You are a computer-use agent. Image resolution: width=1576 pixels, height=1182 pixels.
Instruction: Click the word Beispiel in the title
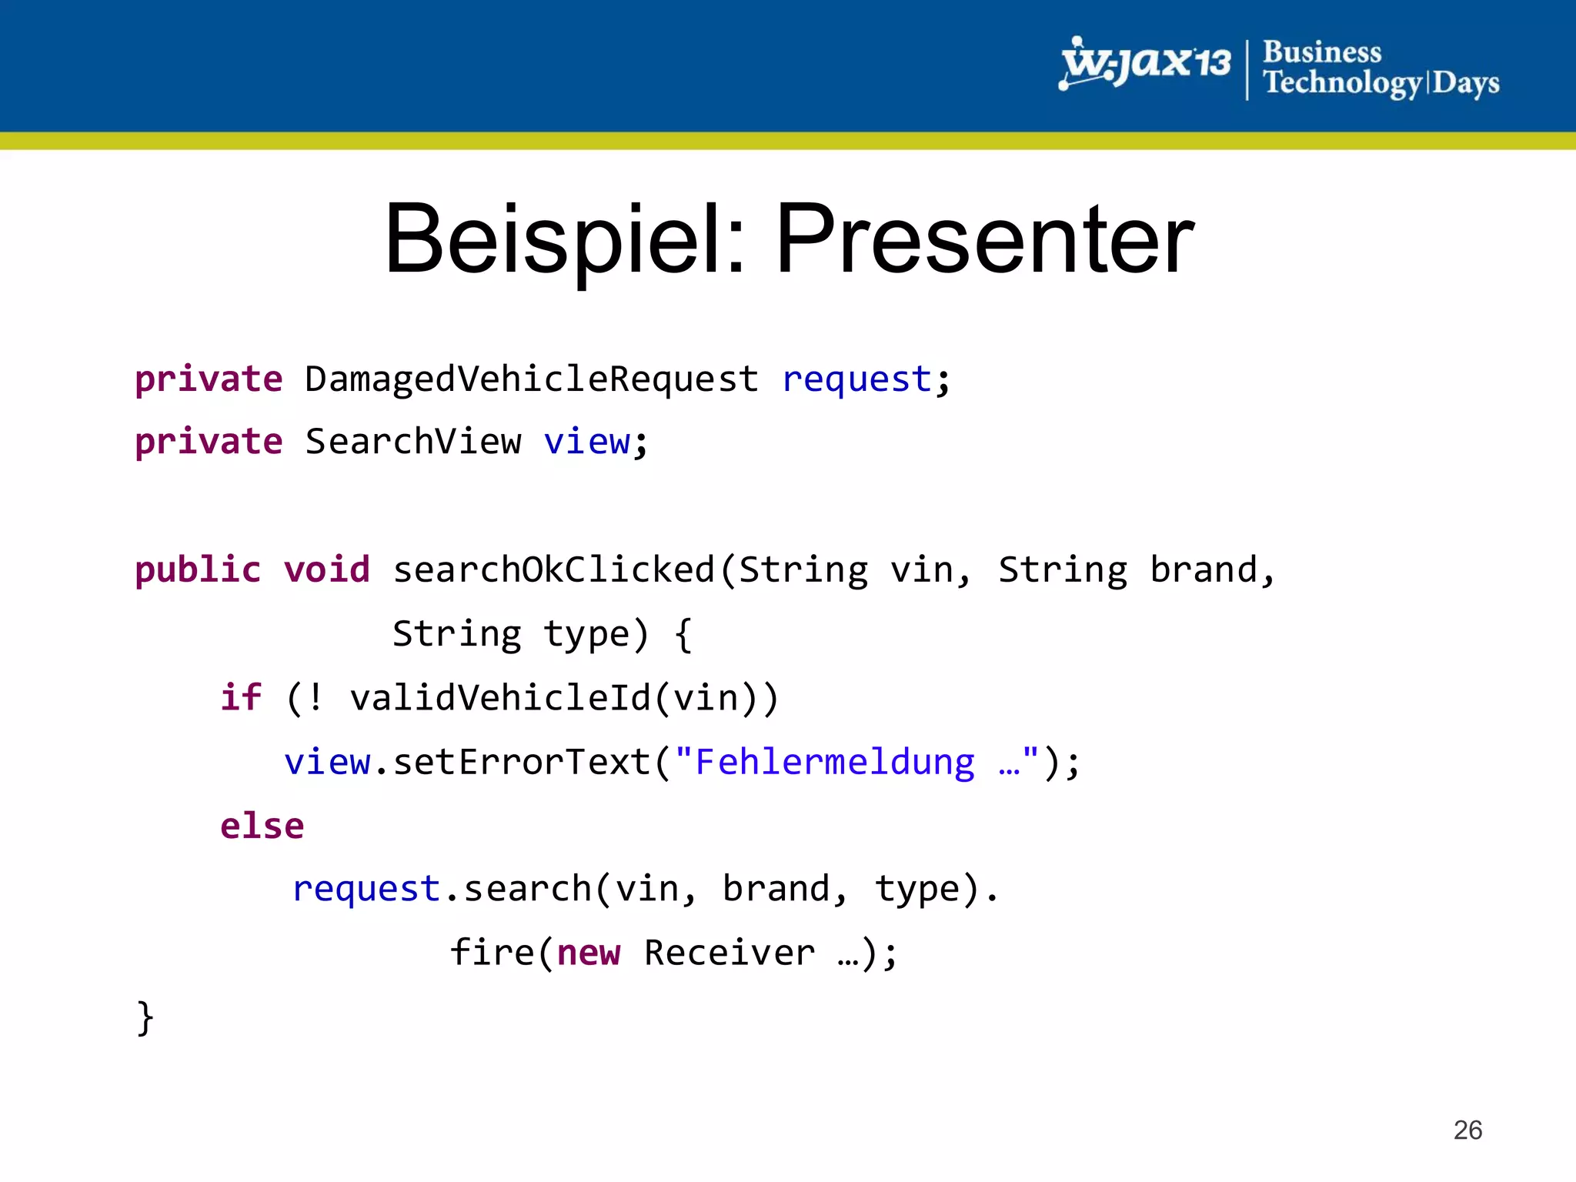(565, 240)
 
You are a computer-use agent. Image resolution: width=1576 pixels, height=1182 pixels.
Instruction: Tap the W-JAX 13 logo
(1144, 63)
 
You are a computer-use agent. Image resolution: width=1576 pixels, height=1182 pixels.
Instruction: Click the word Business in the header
(1321, 52)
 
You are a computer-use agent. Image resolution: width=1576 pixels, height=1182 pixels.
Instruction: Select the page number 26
(1467, 1130)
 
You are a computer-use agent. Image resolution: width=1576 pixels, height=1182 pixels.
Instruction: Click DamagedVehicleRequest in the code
(531, 379)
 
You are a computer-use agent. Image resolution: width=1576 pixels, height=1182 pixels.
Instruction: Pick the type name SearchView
(412, 442)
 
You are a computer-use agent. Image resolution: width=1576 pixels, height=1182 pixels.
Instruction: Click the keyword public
(198, 570)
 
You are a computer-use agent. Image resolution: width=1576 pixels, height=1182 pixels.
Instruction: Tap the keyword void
(326, 570)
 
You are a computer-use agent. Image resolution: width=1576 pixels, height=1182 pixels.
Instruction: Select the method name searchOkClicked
(554, 570)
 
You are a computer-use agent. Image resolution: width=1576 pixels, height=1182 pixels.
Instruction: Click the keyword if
(241, 698)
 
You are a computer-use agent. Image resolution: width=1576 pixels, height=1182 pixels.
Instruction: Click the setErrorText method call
(522, 762)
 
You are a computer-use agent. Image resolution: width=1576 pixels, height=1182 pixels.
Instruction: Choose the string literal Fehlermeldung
(835, 762)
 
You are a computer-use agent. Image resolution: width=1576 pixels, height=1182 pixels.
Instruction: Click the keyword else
(262, 826)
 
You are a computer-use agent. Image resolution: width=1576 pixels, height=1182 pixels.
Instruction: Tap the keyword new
(588, 953)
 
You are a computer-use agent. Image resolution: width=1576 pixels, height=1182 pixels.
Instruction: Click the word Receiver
(729, 953)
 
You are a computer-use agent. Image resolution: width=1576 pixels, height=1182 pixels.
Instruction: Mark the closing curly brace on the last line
(145, 1017)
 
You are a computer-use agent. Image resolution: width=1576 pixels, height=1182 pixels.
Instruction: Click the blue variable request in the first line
(856, 379)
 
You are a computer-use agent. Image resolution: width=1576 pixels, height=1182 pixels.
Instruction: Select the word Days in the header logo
(1465, 83)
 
